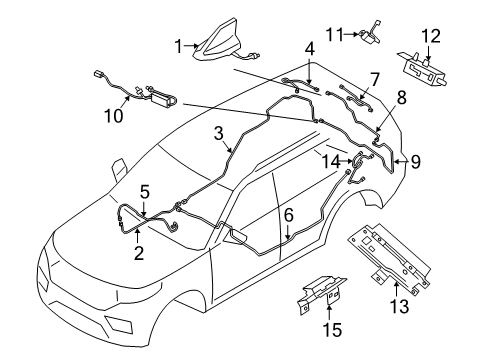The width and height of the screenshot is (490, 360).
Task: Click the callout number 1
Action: [179, 45]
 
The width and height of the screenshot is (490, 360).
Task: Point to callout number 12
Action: [430, 37]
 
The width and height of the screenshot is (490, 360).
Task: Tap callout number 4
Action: [310, 47]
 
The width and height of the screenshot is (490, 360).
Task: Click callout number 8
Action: [400, 98]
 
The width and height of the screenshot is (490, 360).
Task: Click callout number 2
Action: [139, 253]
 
